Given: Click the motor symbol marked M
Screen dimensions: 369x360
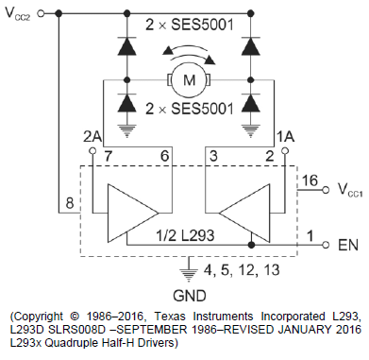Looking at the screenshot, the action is click(189, 80).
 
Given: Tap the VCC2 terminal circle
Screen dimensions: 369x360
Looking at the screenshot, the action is click(41, 13).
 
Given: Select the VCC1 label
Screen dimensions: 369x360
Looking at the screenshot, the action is click(350, 190).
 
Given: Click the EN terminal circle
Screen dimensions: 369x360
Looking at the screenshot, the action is click(326, 245).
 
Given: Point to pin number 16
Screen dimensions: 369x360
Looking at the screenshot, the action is click(310, 180).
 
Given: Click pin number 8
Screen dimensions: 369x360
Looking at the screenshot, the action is click(70, 203).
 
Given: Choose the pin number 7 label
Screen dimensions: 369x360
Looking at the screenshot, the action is click(108, 156).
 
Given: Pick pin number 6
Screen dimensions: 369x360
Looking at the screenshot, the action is click(164, 156).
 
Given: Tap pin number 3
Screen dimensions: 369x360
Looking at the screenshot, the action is click(213, 156).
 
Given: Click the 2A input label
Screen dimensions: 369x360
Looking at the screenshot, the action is click(92, 137).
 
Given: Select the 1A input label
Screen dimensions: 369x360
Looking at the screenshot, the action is click(285, 137).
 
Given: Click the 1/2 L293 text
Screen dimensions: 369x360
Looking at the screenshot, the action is click(185, 235).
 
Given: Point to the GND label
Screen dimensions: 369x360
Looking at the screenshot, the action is click(190, 296).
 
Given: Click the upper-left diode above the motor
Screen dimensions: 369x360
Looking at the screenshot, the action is click(126, 45).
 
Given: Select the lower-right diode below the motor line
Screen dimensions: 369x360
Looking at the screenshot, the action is click(250, 103).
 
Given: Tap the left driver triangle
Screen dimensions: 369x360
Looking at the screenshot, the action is click(132, 213).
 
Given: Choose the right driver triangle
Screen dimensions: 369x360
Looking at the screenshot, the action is click(244, 213).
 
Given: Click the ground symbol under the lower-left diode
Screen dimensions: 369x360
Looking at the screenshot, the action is click(126, 130).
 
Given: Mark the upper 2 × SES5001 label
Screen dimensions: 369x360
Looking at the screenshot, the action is click(190, 25).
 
